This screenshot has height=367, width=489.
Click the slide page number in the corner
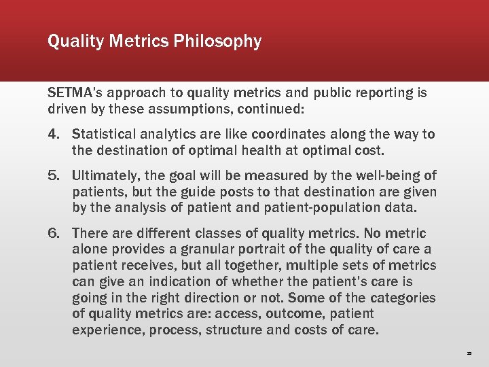coord(469,354)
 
